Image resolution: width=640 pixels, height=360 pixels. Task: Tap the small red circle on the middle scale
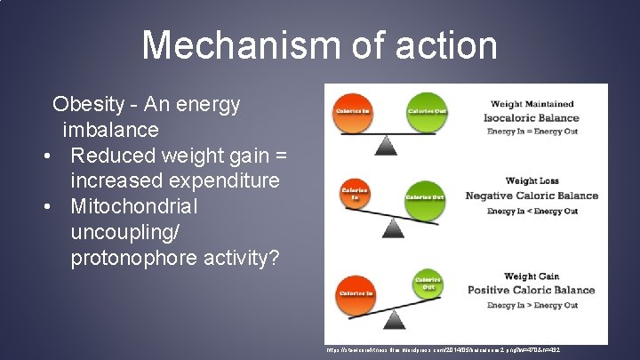pyautogui.click(x=354, y=192)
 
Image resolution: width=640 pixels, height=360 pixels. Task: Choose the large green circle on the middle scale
pyautogui.click(x=424, y=197)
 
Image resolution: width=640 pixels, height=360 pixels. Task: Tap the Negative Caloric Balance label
pyautogui.click(x=532, y=196)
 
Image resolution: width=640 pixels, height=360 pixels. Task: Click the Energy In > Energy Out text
pyautogui.click(x=532, y=305)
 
